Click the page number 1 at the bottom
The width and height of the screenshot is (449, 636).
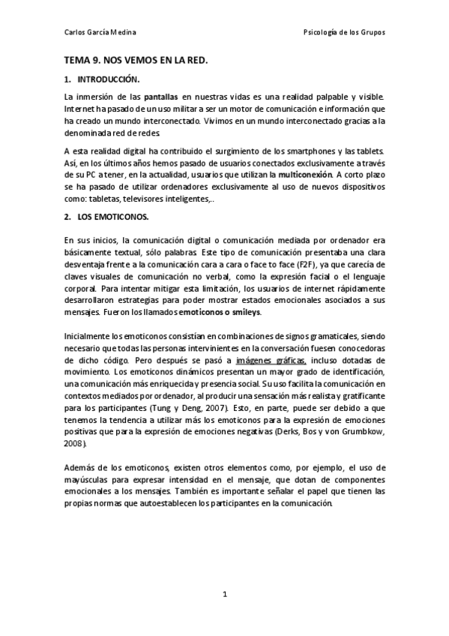click(x=224, y=594)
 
